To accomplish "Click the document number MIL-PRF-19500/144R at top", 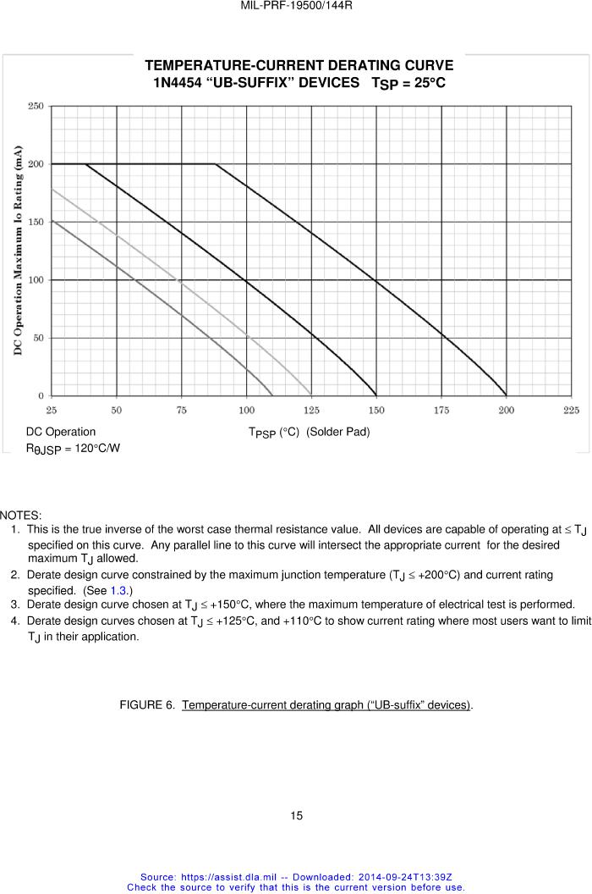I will (296, 6).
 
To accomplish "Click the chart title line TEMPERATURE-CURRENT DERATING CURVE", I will (299, 66).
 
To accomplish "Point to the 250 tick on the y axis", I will (36, 106).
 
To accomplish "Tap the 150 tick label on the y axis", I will (36, 222).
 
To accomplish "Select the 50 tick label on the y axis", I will (39, 338).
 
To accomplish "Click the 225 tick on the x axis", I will (571, 411).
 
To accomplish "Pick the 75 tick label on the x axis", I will (181, 411).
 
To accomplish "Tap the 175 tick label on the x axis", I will (441, 411).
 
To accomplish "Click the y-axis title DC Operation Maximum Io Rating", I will (17, 251).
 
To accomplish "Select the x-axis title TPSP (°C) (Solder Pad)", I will (309, 433).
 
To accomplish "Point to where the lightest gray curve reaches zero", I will (311, 395).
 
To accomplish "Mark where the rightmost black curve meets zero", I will (506, 395).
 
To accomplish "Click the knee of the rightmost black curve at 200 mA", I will (216, 164).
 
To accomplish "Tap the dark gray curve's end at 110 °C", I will (272, 395).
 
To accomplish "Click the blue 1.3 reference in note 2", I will (118, 590).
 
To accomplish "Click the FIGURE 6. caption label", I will (147, 706).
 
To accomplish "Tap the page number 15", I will (296, 816).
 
